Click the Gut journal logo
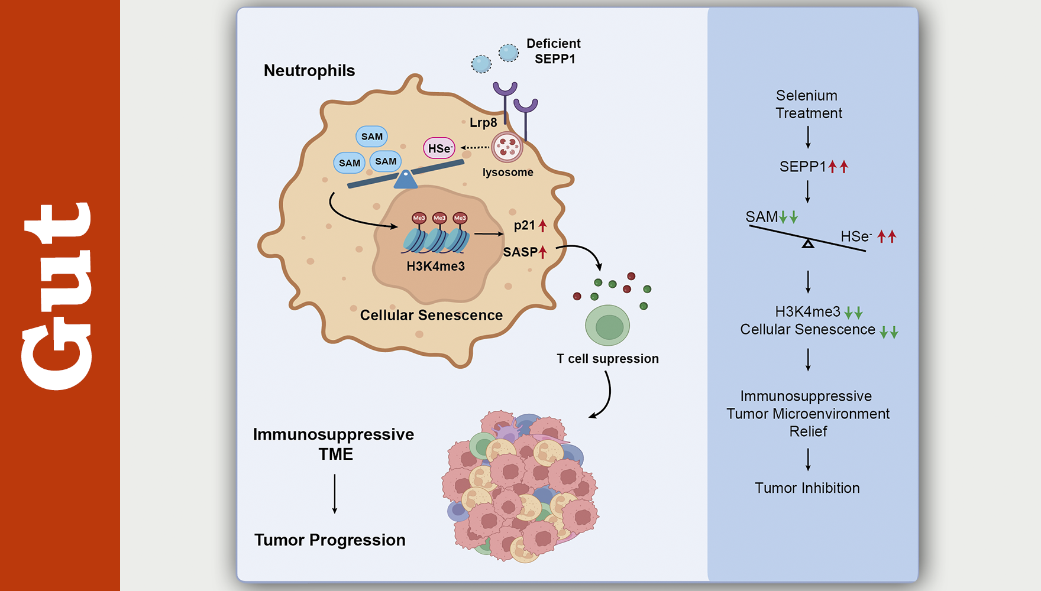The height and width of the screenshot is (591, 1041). point(57,296)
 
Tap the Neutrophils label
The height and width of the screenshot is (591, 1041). point(309,71)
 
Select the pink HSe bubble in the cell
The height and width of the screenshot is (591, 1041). point(439,148)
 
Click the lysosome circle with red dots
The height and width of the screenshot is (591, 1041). point(507,147)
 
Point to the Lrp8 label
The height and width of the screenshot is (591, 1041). point(483,123)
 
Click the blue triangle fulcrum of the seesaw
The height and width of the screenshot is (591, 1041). point(406,179)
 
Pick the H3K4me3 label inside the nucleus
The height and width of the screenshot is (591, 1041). point(435,267)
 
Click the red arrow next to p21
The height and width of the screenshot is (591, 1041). point(542,225)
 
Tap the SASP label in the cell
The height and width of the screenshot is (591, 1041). point(520,252)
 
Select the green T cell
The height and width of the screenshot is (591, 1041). point(607,326)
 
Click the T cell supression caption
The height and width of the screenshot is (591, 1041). point(607,359)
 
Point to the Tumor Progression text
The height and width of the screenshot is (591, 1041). point(330,540)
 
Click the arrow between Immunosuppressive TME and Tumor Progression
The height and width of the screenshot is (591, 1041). point(335,494)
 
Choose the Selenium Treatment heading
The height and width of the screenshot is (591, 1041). point(808,105)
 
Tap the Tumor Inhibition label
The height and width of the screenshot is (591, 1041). point(807,488)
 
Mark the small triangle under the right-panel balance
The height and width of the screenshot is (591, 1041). point(808,243)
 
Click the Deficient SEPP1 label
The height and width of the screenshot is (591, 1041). point(554,51)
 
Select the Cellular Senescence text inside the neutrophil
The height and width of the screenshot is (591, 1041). point(431,316)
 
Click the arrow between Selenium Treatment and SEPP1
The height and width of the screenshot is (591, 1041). point(808,137)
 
